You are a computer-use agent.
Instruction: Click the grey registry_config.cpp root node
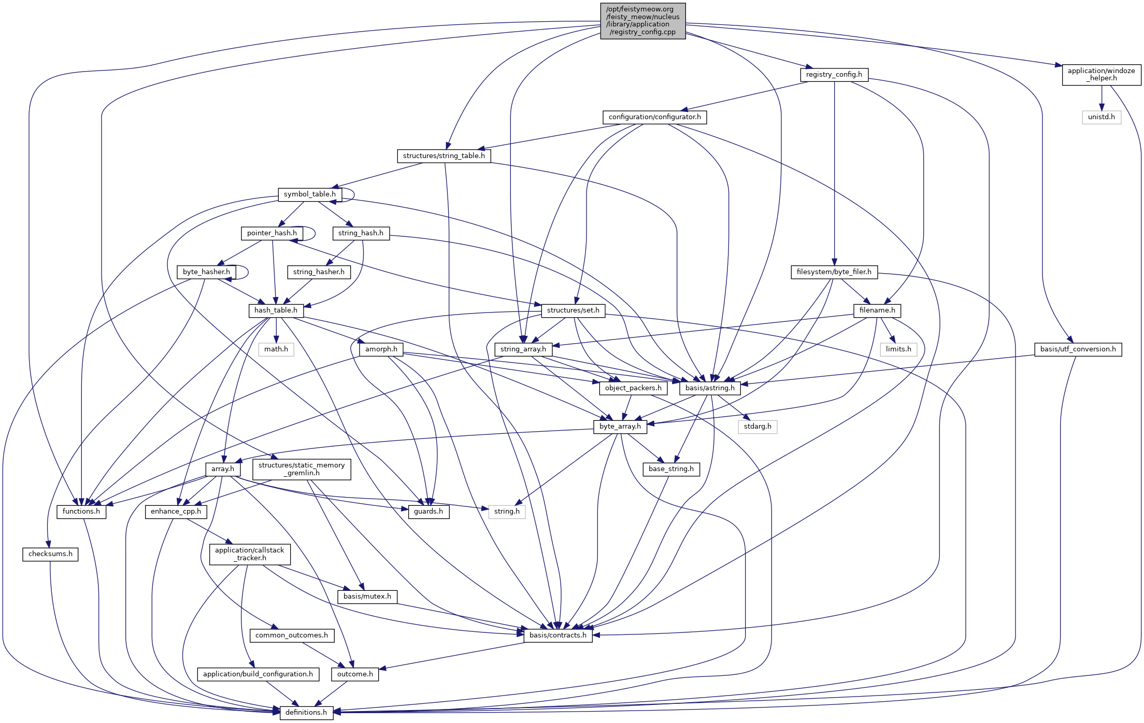pyautogui.click(x=642, y=21)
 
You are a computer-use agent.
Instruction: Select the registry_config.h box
pyautogui.click(x=834, y=75)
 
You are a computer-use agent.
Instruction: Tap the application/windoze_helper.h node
pyautogui.click(x=1101, y=75)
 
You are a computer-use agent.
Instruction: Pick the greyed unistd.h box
pyautogui.click(x=1101, y=117)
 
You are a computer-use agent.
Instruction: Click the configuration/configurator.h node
pyautogui.click(x=654, y=117)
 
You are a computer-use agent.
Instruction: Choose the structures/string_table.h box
pyautogui.click(x=444, y=156)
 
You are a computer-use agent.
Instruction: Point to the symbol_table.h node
pyautogui.click(x=309, y=194)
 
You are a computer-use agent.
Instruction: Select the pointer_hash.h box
pyautogui.click(x=271, y=233)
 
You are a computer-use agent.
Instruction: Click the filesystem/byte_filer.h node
pyautogui.click(x=834, y=272)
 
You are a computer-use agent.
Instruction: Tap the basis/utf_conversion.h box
pyautogui.click(x=1078, y=349)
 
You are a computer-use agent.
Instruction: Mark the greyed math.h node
pyautogui.click(x=276, y=349)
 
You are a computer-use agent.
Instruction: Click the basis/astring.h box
pyautogui.click(x=709, y=388)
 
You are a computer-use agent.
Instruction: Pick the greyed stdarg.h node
pyautogui.click(x=757, y=427)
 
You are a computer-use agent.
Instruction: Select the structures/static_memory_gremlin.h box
pyautogui.click(x=301, y=469)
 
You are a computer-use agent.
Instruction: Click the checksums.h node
pyautogui.click(x=50, y=554)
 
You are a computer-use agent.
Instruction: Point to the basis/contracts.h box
pyautogui.click(x=557, y=635)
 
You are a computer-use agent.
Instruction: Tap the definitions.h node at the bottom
pyautogui.click(x=306, y=713)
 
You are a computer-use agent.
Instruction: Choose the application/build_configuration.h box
pyautogui.click(x=258, y=674)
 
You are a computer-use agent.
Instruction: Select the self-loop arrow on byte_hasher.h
pyautogui.click(x=247, y=272)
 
